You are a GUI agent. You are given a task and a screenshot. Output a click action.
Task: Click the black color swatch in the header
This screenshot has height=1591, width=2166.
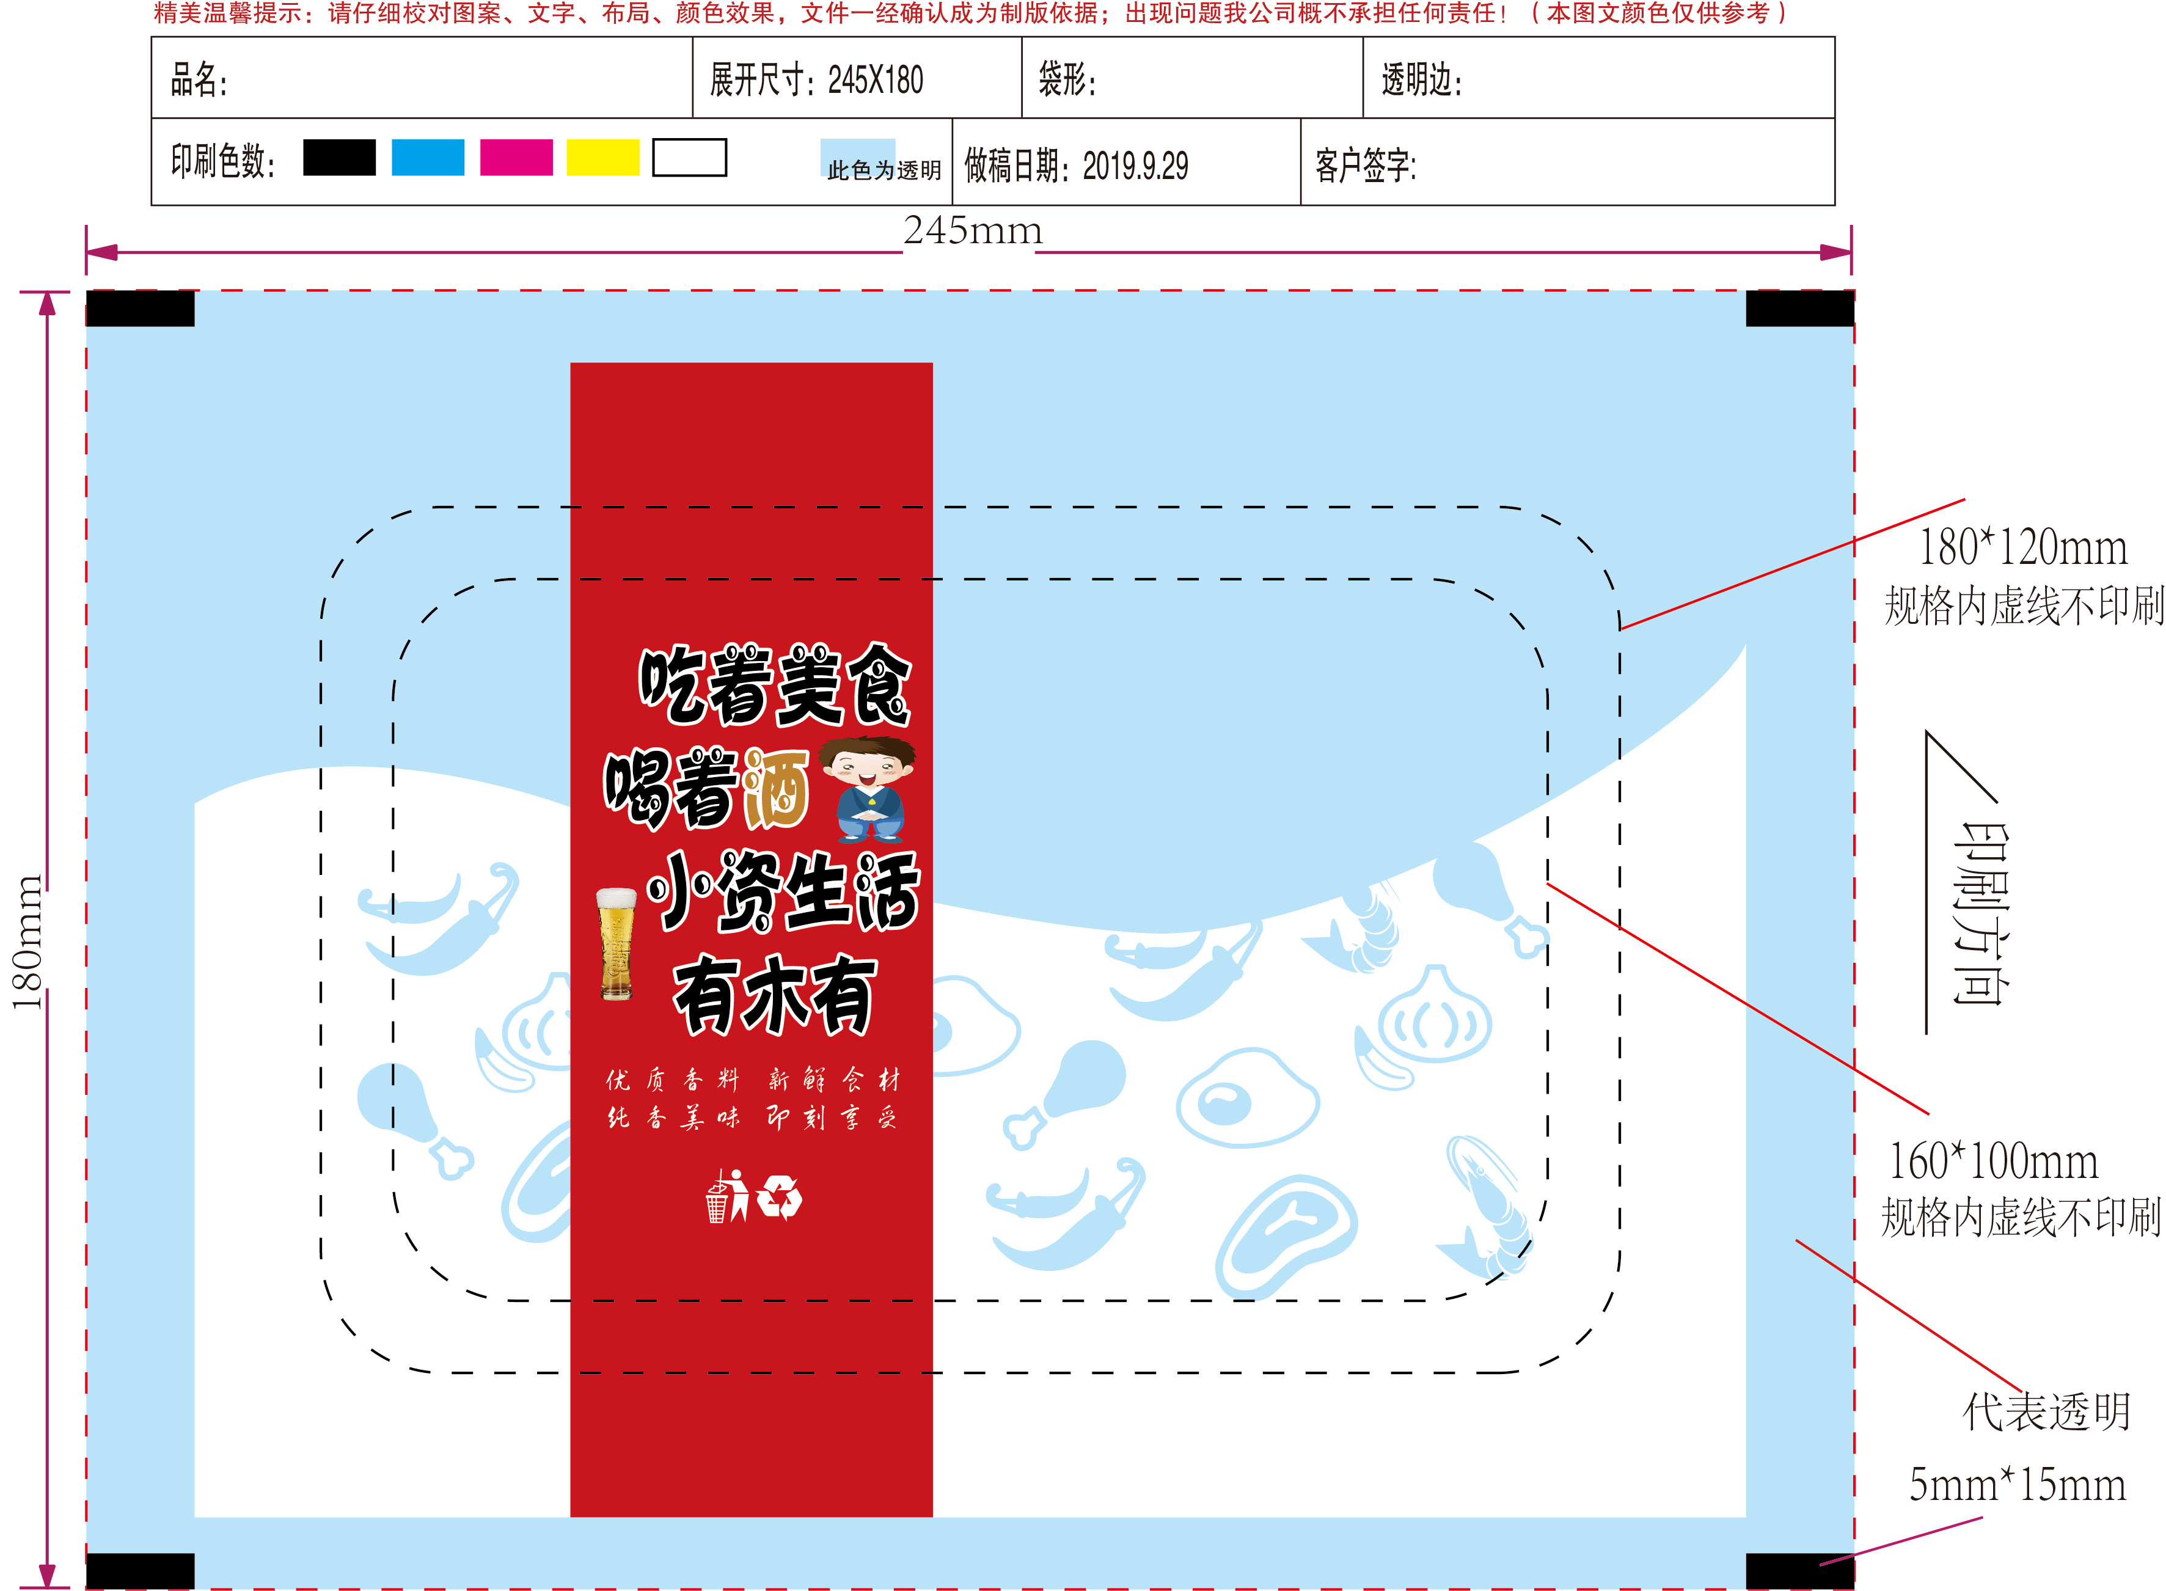click(339, 158)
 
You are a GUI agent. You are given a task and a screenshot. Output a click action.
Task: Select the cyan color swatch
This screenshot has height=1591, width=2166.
click(428, 158)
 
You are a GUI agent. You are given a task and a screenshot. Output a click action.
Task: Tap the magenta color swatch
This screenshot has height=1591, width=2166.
click(516, 158)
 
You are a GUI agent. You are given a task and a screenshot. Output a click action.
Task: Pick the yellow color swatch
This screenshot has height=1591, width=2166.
click(603, 158)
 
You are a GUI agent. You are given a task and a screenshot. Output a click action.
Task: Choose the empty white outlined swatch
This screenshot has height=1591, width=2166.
click(690, 158)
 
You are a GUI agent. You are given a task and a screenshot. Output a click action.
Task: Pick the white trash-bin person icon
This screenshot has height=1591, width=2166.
click(728, 1196)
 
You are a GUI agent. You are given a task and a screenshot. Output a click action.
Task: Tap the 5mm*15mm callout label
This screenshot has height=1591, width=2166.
click(2018, 1484)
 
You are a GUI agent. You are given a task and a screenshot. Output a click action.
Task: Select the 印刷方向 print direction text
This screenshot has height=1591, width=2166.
click(1980, 913)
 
